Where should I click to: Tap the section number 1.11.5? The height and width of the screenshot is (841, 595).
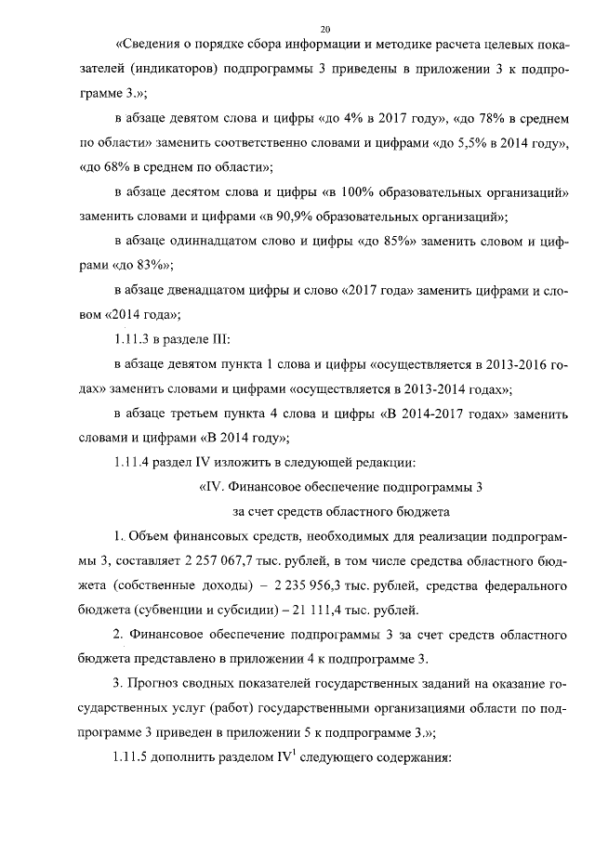(x=134, y=756)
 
